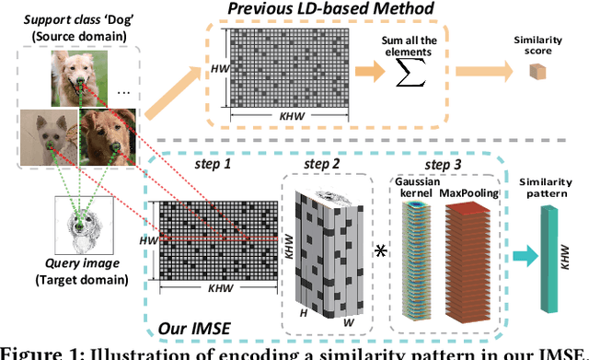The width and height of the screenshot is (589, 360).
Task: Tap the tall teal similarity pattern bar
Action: click(x=553, y=262)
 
